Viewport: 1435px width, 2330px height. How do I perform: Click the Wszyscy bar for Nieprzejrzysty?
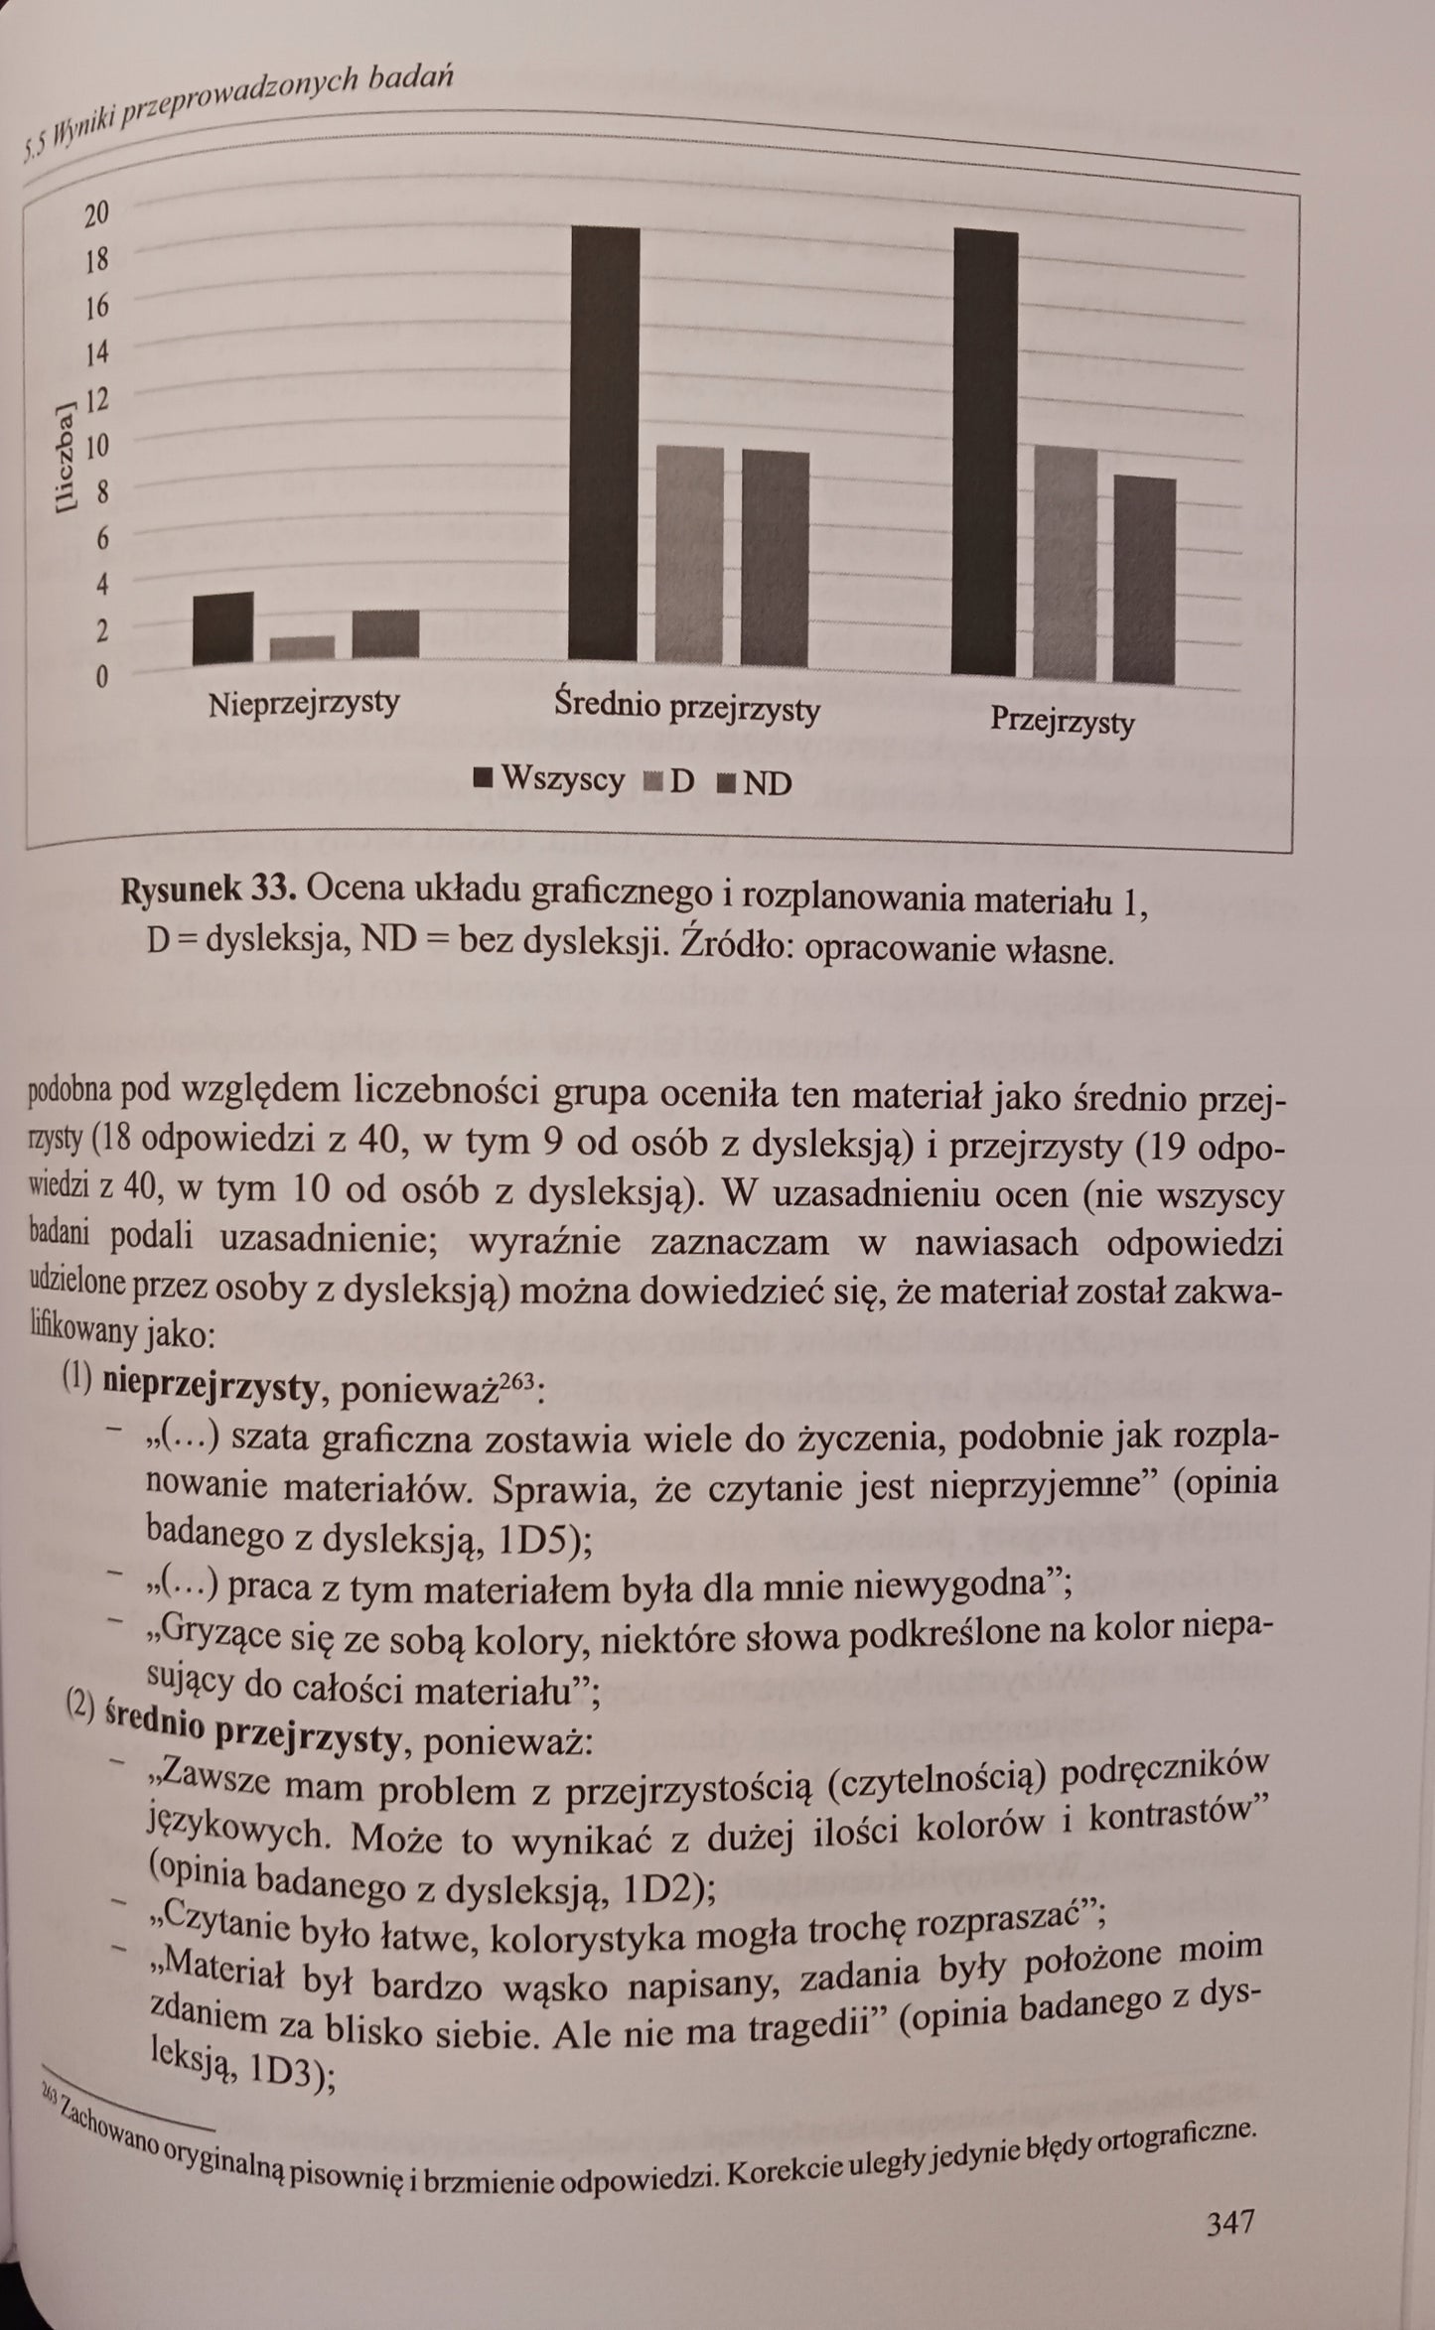[222, 628]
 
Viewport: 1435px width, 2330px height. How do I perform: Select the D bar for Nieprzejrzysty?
[302, 648]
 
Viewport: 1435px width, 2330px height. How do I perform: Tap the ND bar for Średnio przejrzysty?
[775, 559]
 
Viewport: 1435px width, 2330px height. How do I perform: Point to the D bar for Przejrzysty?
[1066, 564]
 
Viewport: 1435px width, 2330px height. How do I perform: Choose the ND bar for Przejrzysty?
[1144, 581]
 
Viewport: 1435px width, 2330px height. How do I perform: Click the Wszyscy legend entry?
[550, 779]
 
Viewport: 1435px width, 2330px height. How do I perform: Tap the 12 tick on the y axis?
[96, 400]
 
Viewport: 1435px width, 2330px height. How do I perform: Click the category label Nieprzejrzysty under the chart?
[304, 704]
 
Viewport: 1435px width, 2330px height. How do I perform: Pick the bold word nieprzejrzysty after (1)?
[210, 1388]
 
